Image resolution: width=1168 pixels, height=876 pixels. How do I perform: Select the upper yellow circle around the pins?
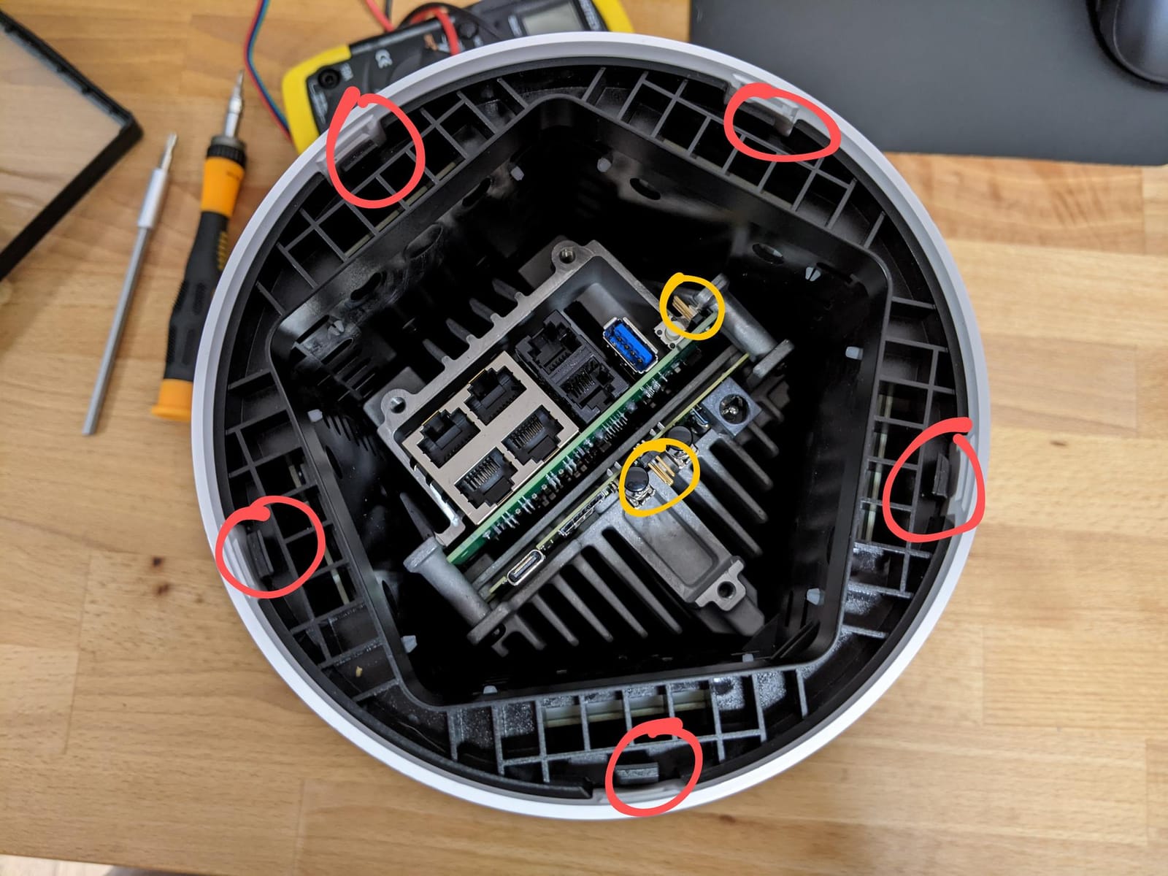click(x=691, y=306)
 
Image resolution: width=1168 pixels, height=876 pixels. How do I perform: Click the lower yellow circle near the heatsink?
click(x=658, y=476)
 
